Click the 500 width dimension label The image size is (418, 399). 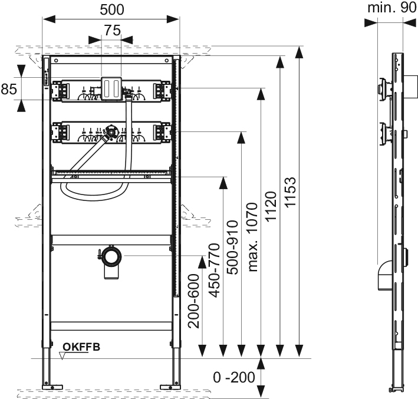coord(112,10)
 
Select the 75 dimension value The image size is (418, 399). coord(112,31)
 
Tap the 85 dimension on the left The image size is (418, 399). coord(9,89)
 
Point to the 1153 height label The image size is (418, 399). coord(290,192)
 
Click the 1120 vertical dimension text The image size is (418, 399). coord(271,206)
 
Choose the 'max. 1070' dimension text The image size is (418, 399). coord(252,237)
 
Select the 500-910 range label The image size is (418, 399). coord(232,248)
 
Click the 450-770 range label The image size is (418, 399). coord(214,271)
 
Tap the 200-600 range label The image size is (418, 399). coord(193,301)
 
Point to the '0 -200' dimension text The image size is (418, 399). coord(234,377)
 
